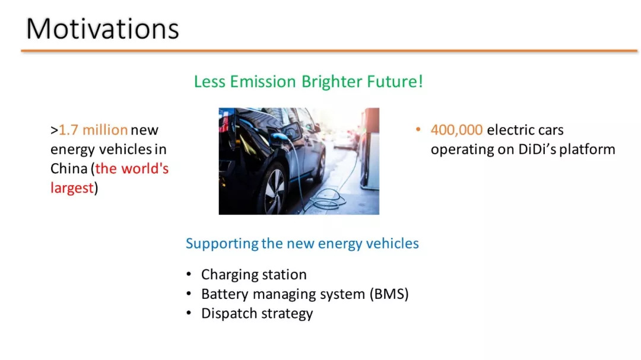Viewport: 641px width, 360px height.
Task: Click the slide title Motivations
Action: pyautogui.click(x=103, y=29)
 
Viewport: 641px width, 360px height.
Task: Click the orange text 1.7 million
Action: pyautogui.click(x=93, y=130)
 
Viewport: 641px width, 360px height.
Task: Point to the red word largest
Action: pyautogui.click(x=72, y=189)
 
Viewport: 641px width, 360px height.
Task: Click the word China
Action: pyautogui.click(x=69, y=168)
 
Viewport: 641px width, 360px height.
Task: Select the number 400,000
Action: pyautogui.click(x=456, y=130)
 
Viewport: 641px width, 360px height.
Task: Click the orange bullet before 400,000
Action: pyautogui.click(x=418, y=129)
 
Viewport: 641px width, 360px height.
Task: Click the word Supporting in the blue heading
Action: pyautogui.click(x=223, y=244)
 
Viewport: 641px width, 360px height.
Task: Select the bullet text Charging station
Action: pyautogui.click(x=254, y=275)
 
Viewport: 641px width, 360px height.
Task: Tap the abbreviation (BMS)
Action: pyautogui.click(x=389, y=294)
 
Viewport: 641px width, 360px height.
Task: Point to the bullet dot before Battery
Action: pyautogui.click(x=189, y=294)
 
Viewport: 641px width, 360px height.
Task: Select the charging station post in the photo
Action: pyautogui.click(x=370, y=149)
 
